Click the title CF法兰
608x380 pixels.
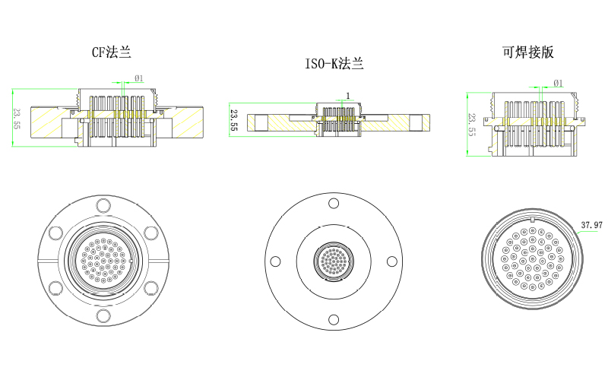coord(111,52)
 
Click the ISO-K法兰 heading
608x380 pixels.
coord(334,65)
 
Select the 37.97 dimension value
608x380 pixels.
coord(591,225)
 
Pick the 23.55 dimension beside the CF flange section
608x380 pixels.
coord(17,118)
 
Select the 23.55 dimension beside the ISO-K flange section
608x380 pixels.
coord(234,121)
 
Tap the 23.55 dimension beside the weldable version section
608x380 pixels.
coord(472,124)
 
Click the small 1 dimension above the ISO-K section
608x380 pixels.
coord(347,96)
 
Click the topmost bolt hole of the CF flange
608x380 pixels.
coord(103,204)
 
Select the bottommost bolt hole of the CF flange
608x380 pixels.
coord(103,314)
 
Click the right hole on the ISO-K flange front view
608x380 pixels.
coord(391,261)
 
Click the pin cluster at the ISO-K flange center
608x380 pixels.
coord(332,261)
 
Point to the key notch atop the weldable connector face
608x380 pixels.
coord(534,221)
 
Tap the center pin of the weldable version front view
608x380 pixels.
coord(531,260)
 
